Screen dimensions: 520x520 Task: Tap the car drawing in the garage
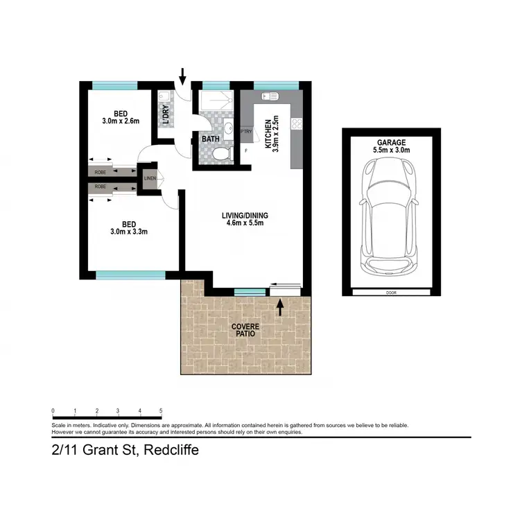(x=390, y=217)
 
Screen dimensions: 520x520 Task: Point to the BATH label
(x=210, y=139)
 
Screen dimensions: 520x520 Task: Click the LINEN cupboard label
(x=150, y=179)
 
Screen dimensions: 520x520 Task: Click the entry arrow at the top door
(x=183, y=74)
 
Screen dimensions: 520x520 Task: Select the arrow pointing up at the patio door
(x=280, y=306)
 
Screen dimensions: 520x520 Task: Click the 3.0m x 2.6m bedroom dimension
(x=120, y=121)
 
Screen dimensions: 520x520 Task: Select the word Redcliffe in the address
(x=171, y=450)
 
